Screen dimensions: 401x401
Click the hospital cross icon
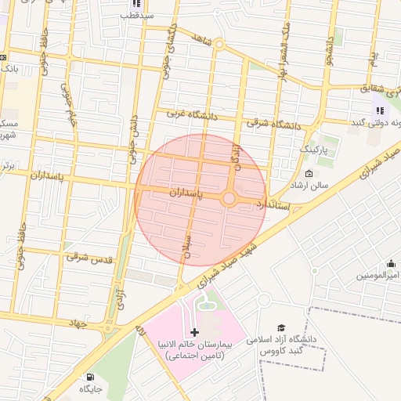(195, 332)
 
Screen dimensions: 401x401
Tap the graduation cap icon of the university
(280, 327)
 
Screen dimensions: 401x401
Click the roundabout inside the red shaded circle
(229, 199)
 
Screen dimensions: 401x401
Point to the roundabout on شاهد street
(220, 45)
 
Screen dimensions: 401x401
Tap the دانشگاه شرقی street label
(274, 121)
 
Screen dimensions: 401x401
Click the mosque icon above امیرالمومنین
(390, 264)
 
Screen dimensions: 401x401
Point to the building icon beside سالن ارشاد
(309, 174)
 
